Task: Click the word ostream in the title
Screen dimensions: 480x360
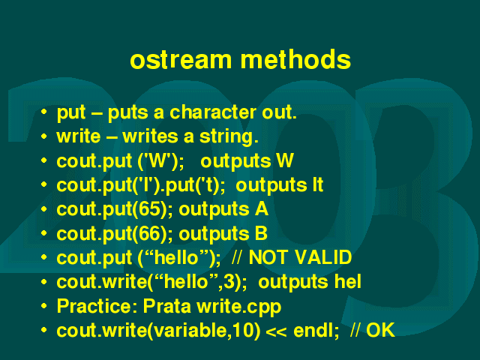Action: tap(181, 59)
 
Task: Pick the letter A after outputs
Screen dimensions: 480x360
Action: tap(261, 209)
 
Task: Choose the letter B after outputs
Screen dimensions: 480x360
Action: tap(261, 233)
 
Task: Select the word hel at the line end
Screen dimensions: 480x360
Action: tap(348, 281)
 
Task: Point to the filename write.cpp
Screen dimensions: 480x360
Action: tap(238, 307)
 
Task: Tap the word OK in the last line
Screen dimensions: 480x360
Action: tap(380, 330)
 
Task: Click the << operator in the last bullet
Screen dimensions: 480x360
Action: tap(277, 331)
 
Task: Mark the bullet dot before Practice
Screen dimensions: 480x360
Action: tap(44, 305)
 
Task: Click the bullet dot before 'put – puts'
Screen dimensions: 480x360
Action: tap(44, 112)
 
